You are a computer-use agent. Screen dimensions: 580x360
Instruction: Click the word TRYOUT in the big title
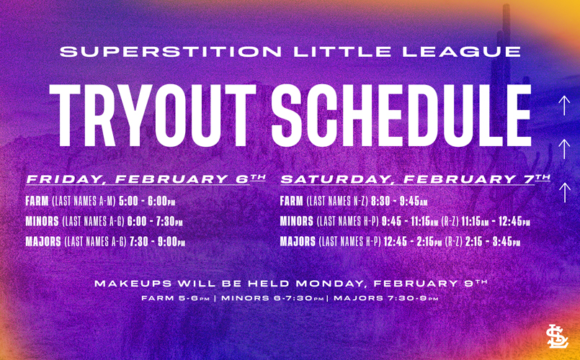tap(153, 116)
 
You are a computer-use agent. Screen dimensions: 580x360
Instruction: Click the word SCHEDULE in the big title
tap(402, 116)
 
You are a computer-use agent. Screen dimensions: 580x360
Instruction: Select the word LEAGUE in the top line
tap(462, 51)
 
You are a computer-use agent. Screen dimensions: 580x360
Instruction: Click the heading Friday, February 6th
tap(146, 179)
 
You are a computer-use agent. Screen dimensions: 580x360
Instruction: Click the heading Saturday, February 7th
tap(416, 179)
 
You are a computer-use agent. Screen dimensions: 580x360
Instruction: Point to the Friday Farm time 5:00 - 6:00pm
tap(147, 202)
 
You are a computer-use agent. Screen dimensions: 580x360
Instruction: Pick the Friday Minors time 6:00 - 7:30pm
tap(155, 222)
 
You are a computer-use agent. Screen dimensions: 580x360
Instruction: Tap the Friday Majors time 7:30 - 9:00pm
tap(157, 242)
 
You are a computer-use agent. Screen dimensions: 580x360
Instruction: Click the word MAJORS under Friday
tap(43, 242)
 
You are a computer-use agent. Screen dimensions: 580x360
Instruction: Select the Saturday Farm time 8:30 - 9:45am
tap(399, 202)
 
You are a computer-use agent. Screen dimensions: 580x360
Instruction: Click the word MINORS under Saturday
tap(297, 222)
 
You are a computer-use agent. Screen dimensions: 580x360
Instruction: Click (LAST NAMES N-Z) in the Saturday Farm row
tap(337, 202)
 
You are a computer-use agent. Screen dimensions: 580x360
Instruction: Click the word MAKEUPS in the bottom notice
tap(133, 284)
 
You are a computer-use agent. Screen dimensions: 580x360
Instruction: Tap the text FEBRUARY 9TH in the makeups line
tap(430, 284)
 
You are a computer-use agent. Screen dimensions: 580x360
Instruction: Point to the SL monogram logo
tap(558, 336)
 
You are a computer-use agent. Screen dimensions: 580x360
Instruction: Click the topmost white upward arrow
tap(564, 106)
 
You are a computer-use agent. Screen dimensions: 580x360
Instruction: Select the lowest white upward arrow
tap(564, 192)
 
